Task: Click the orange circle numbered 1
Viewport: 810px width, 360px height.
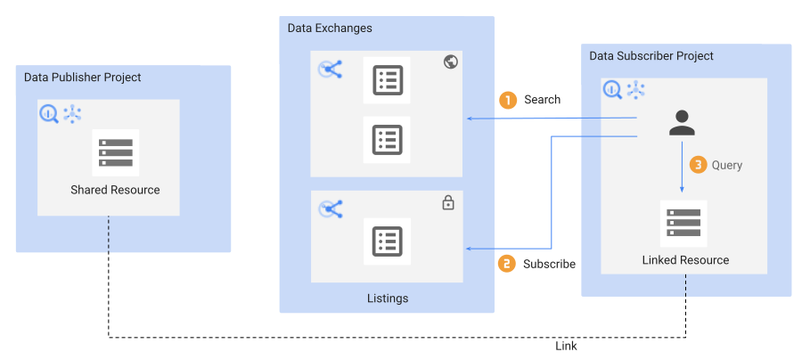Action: (x=508, y=101)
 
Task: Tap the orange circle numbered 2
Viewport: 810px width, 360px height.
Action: (x=507, y=264)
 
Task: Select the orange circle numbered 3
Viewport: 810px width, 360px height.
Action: (x=697, y=165)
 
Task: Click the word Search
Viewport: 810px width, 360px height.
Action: (x=542, y=100)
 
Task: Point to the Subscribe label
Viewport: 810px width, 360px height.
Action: (x=549, y=264)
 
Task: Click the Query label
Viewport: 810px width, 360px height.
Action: (x=727, y=165)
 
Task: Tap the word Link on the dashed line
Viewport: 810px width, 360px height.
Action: (x=566, y=346)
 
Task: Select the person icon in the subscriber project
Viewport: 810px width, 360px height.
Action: (x=682, y=122)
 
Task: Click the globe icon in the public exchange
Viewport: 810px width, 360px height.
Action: (x=450, y=62)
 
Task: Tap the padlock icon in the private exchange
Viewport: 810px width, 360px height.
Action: (x=448, y=203)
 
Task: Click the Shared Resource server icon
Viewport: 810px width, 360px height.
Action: (x=116, y=153)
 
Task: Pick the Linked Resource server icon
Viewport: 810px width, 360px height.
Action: (x=683, y=224)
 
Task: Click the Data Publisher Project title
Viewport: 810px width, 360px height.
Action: (x=83, y=78)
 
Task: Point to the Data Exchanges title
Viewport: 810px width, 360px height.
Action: (x=330, y=28)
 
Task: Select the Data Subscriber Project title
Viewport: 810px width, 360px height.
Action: (x=651, y=56)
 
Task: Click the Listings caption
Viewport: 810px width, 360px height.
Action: (x=388, y=299)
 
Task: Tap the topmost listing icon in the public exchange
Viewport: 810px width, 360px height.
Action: (x=387, y=81)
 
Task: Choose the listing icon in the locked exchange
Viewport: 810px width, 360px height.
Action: (x=387, y=241)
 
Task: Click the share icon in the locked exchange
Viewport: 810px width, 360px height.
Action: (x=331, y=209)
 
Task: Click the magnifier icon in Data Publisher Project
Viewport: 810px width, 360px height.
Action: (x=49, y=113)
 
